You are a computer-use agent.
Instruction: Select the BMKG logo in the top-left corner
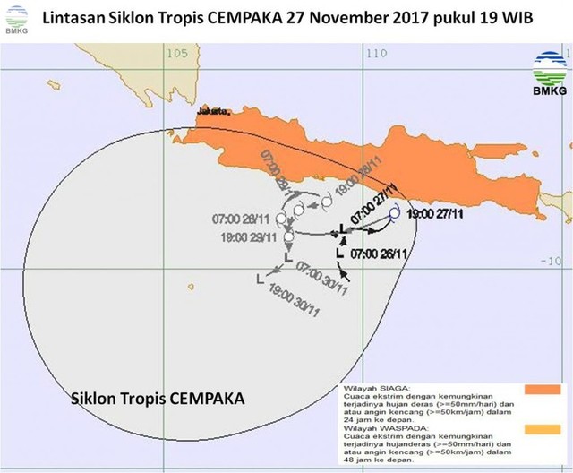pyautogui.click(x=14, y=17)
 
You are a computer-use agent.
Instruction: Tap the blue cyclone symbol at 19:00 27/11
pyautogui.click(x=394, y=213)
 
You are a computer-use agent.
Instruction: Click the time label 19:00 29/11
pyautogui.click(x=248, y=236)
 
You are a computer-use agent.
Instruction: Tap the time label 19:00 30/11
pyautogui.click(x=294, y=298)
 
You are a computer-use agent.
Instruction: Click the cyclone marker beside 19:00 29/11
pyautogui.click(x=288, y=237)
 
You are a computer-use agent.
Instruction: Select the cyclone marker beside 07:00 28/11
pyautogui.click(x=282, y=219)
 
